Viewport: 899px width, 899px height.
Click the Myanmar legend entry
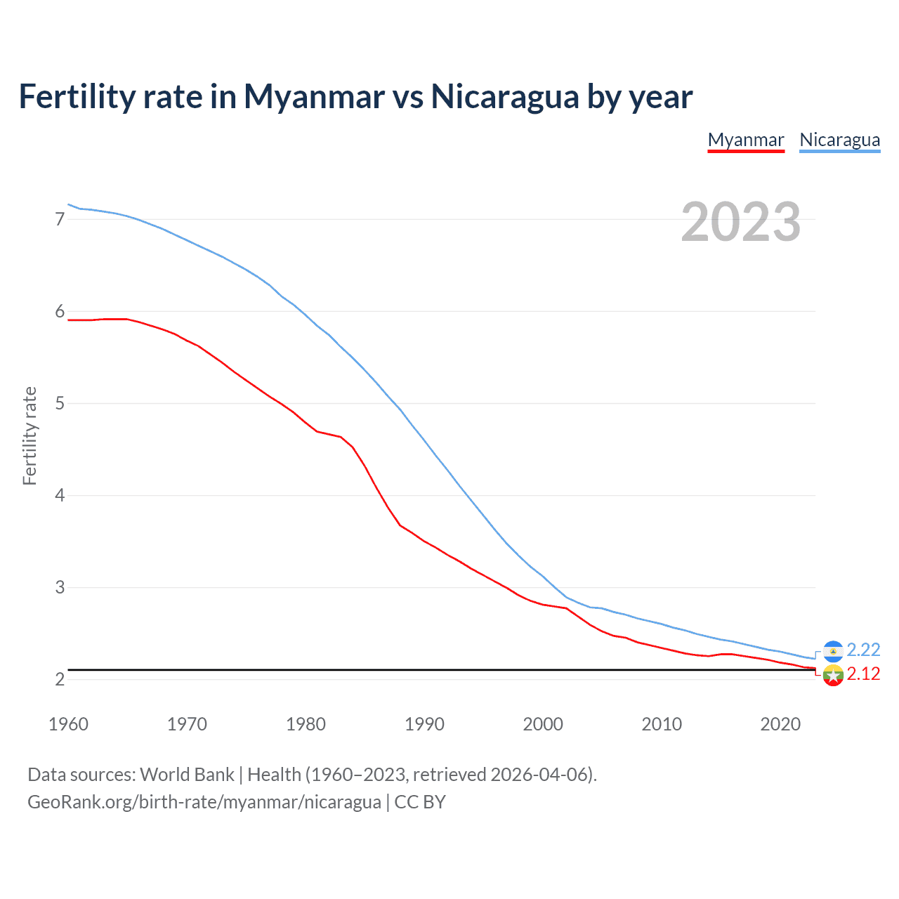745,140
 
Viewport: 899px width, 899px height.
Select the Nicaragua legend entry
839,140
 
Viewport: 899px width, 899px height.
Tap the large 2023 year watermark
740,222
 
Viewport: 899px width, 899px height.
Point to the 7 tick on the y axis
60,219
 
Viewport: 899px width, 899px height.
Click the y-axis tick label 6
60,311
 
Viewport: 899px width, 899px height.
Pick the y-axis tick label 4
60,495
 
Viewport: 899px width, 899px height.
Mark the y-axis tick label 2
60,679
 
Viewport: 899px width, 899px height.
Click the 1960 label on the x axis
68,724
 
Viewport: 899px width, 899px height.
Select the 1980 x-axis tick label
306,724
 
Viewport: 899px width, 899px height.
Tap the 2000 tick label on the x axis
543,724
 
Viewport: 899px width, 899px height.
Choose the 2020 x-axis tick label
780,724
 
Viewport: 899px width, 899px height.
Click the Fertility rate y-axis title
29,435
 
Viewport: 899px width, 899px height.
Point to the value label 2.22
863,650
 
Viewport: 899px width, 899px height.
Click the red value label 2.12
863,674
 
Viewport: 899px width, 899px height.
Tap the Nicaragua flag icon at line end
833,651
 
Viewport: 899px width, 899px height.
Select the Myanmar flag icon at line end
833,676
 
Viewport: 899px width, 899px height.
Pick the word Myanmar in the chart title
314,97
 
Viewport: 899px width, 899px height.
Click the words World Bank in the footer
187,775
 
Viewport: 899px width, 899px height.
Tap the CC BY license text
420,802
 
